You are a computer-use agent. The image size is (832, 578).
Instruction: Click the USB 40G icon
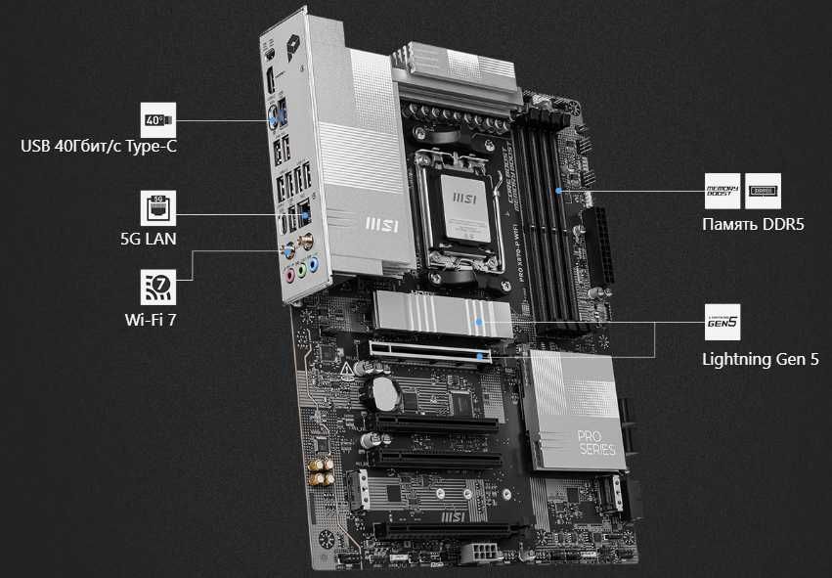click(158, 120)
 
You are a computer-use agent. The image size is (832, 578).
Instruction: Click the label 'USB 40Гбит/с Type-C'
click(105, 147)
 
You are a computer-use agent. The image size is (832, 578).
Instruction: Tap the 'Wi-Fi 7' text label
click(147, 317)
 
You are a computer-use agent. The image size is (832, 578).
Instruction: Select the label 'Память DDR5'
click(746, 223)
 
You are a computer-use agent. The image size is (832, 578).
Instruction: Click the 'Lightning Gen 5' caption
click(760, 359)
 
